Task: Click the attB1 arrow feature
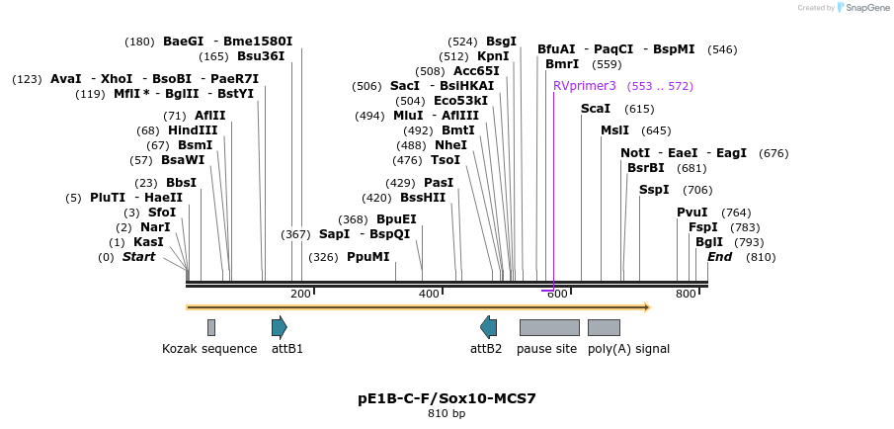pos(280,327)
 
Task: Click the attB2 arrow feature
pos(488,327)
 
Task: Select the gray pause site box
pos(549,327)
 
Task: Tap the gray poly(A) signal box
pos(604,327)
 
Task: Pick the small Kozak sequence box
pos(211,327)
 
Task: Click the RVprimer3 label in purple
pos(585,86)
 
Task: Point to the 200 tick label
pos(300,294)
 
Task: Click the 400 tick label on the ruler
pos(429,294)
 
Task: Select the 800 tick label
pos(686,294)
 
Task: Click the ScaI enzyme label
pos(596,109)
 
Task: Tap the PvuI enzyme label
pos(692,213)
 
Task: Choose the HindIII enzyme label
pos(193,130)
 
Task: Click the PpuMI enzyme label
pos(368,257)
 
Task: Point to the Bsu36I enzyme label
pos(261,56)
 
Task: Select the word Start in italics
pos(139,257)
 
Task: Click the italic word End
pos(720,257)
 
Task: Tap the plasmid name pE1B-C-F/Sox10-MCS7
pos(447,398)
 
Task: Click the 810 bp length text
pos(447,413)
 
